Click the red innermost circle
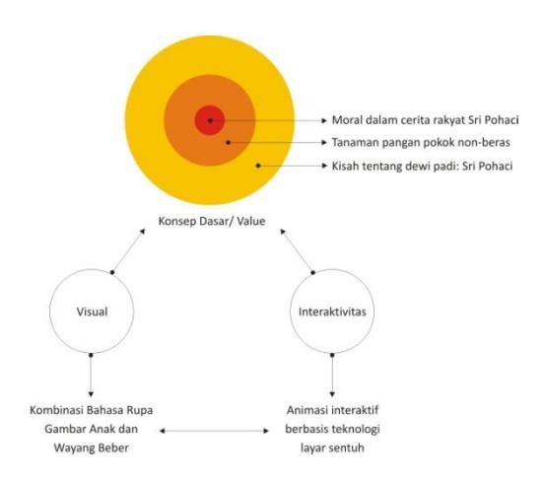(x=210, y=120)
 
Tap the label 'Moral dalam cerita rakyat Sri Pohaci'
(x=425, y=120)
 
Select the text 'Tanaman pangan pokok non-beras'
(x=421, y=142)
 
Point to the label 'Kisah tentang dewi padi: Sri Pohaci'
(x=422, y=166)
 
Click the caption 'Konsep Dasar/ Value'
(x=212, y=221)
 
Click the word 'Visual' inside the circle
(x=92, y=311)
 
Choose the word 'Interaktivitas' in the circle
(x=332, y=311)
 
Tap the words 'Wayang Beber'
(x=92, y=448)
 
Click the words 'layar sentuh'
(x=332, y=448)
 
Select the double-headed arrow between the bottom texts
(x=214, y=431)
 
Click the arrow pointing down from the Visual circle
(x=91, y=376)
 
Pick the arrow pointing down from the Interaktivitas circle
(x=332, y=376)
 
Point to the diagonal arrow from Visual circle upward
(x=128, y=250)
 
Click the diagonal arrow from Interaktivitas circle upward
(x=298, y=250)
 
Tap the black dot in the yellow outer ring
(x=258, y=166)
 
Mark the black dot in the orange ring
(x=228, y=142)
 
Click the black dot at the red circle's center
(x=210, y=120)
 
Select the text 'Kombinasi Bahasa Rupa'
(x=92, y=410)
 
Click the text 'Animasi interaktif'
(x=332, y=410)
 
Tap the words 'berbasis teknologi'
(x=332, y=429)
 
